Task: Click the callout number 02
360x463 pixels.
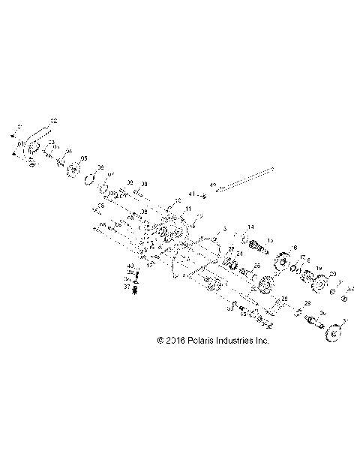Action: coord(53,121)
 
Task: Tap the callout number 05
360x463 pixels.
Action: coord(84,158)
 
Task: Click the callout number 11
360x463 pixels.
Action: coord(188,208)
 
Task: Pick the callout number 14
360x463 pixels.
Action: coord(251,227)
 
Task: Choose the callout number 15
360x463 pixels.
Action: coord(271,240)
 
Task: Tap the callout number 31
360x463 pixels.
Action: coord(346,322)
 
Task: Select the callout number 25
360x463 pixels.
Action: coord(256,265)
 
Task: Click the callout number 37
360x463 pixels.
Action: coord(127,286)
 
